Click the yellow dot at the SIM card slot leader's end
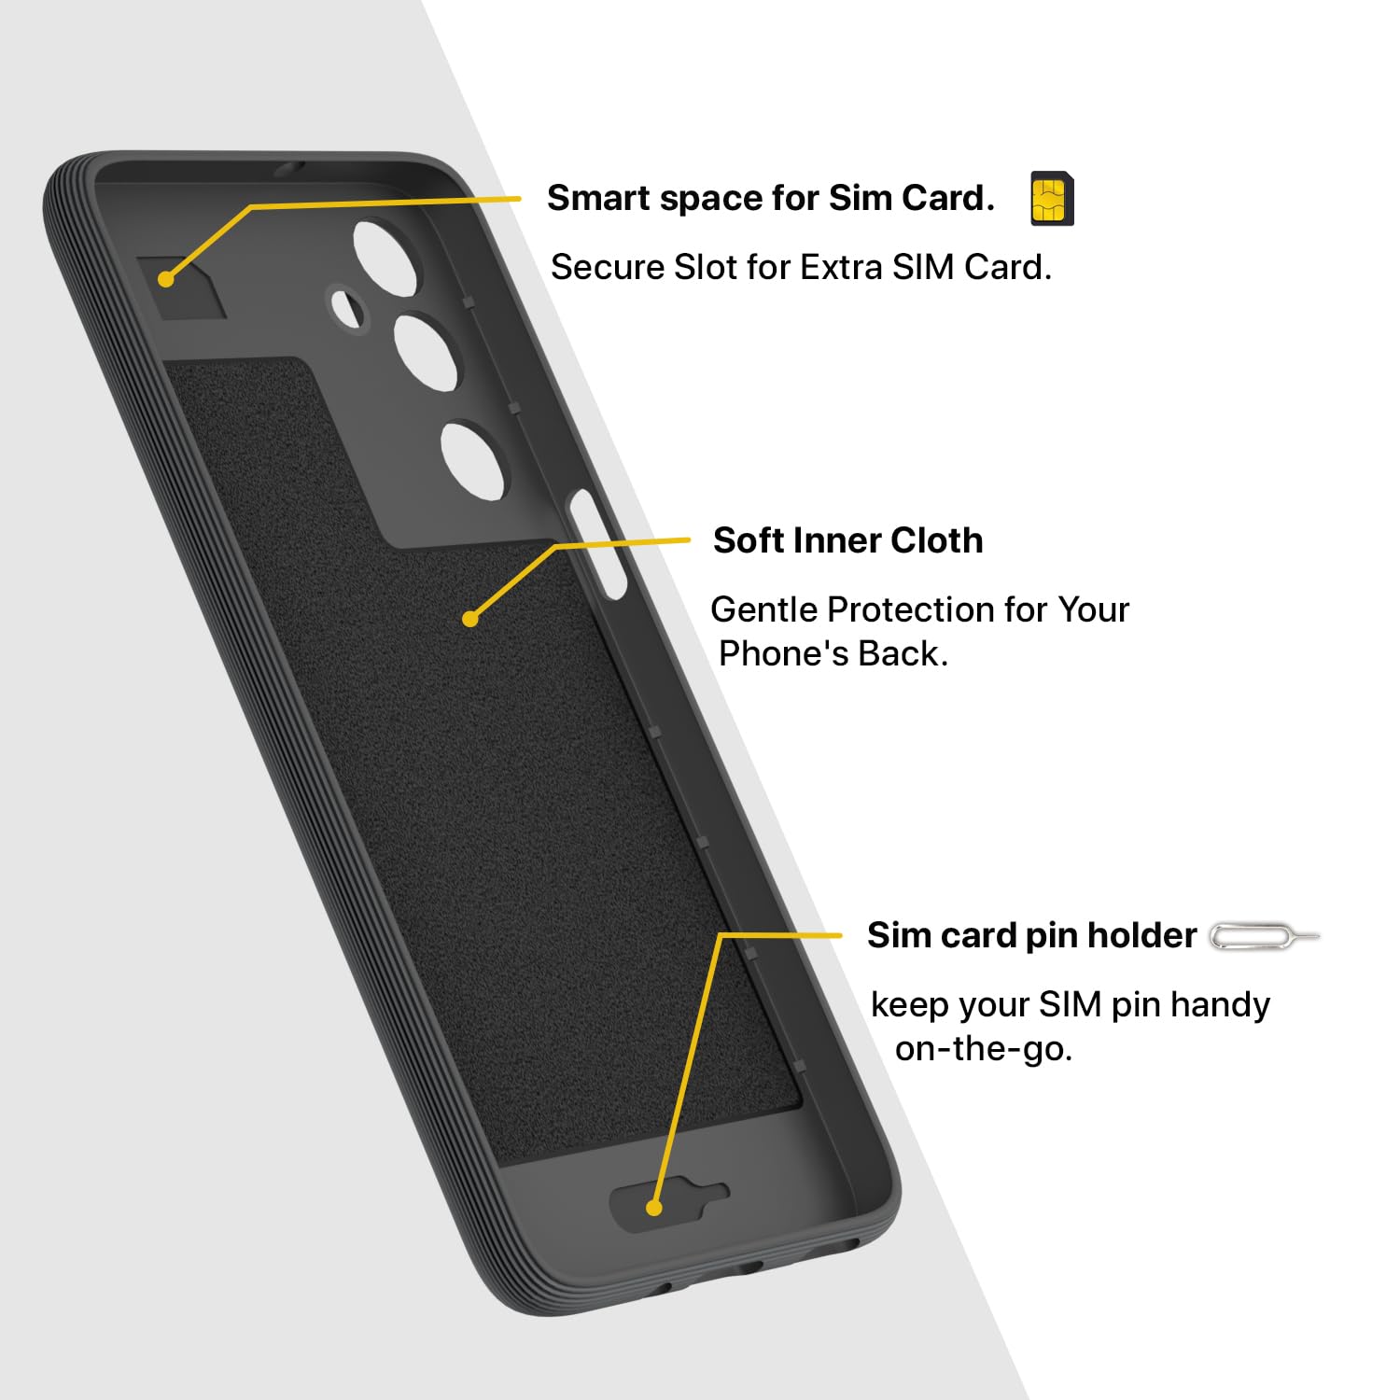[x=166, y=278]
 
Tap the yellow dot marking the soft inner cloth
[x=470, y=618]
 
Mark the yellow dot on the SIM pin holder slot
[x=654, y=1208]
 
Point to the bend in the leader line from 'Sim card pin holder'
[x=721, y=934]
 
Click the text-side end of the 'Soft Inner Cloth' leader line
[x=689, y=539]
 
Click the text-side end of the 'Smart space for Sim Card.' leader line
[x=520, y=199]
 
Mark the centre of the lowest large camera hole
[x=473, y=462]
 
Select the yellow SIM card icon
[x=1052, y=199]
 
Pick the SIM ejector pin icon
[x=1265, y=936]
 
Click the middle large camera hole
[x=427, y=351]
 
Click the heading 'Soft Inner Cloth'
[x=847, y=540]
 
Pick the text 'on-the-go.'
[x=984, y=1049]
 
